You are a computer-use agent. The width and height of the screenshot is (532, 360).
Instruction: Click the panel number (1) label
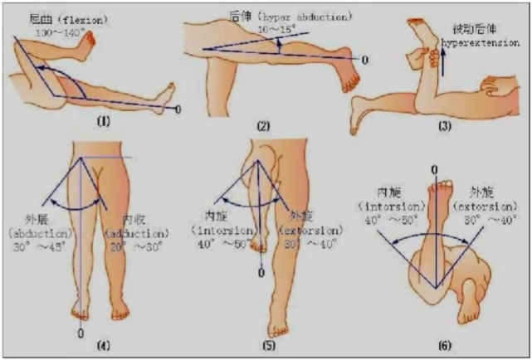104,121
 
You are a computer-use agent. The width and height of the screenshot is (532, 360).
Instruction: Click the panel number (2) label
265,125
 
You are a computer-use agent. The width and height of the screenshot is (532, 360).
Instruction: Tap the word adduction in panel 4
136,233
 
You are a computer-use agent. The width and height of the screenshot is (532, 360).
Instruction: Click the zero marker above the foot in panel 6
432,170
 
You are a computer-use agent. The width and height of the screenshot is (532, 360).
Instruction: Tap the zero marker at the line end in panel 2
364,60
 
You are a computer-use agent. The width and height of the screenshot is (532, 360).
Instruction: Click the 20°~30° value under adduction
136,246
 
